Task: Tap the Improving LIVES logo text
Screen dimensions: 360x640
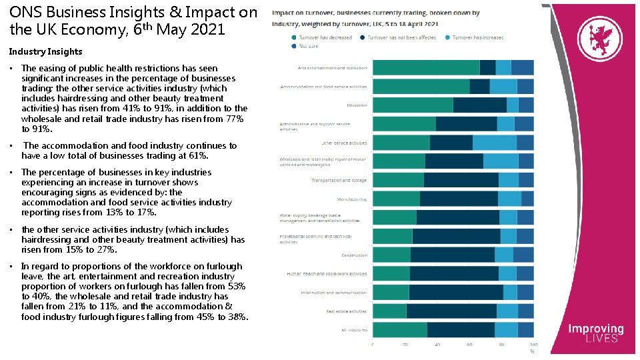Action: tap(595, 333)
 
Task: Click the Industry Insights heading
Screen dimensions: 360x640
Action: tap(45, 51)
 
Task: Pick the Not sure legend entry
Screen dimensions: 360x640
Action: tap(307, 47)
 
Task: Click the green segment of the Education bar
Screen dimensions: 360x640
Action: tap(412, 105)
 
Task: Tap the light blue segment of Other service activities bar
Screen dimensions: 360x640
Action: tap(495, 143)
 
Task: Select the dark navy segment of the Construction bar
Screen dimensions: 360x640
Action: tap(453, 255)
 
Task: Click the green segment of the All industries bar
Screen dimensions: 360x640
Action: tap(399, 330)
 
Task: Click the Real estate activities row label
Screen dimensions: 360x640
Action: tap(346, 311)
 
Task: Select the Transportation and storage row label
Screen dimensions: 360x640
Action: tap(339, 180)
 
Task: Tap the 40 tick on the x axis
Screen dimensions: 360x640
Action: tap(437, 345)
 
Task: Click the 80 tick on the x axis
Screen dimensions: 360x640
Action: tap(502, 345)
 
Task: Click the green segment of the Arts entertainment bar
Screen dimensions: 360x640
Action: tap(425, 67)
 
